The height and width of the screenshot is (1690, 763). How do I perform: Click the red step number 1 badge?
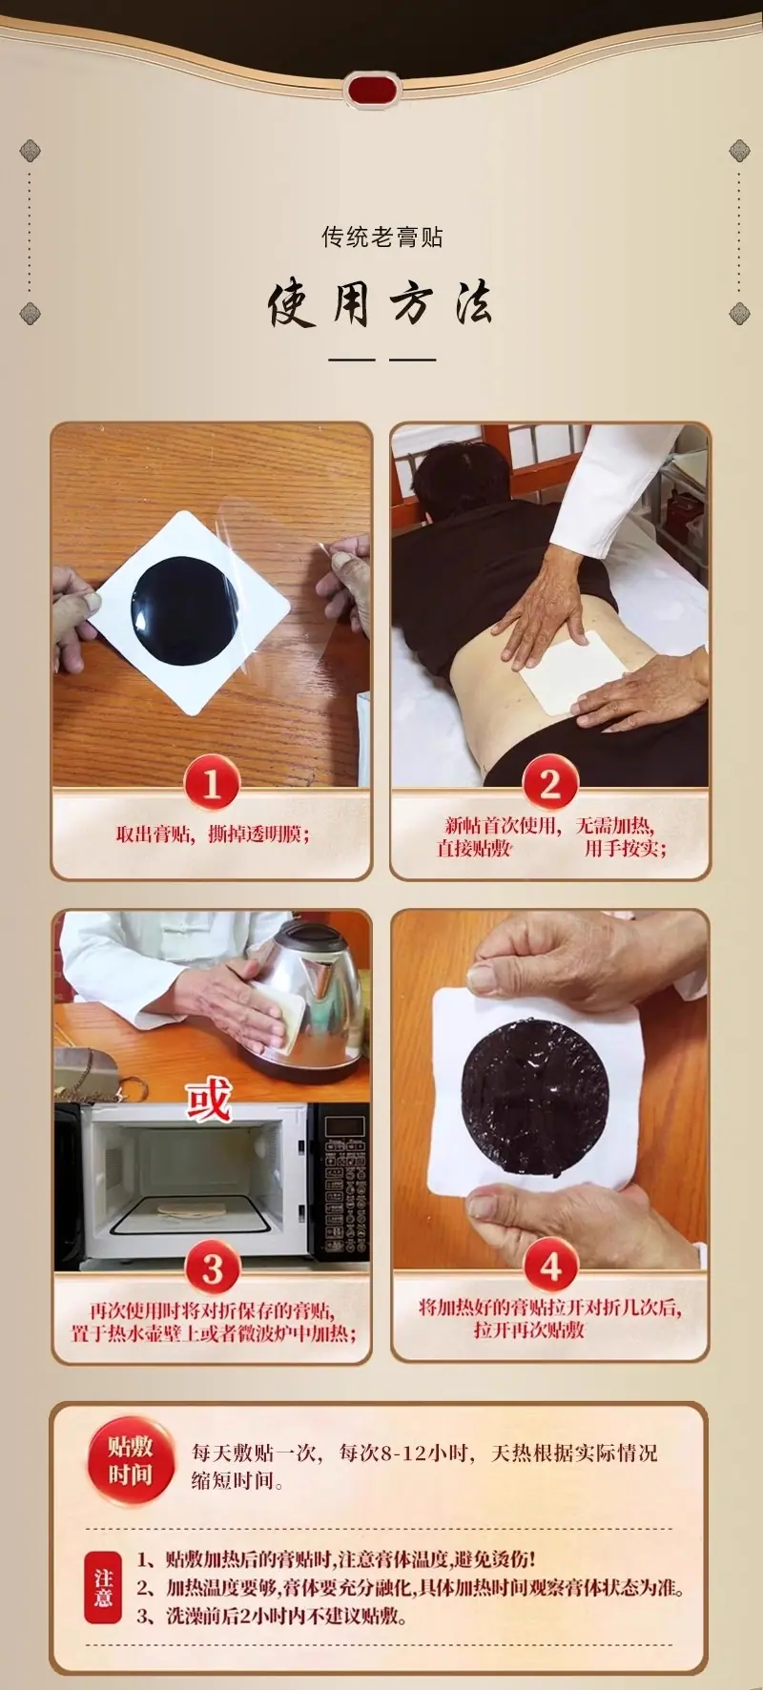pos(212,784)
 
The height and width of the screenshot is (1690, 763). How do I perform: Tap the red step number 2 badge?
pos(550,784)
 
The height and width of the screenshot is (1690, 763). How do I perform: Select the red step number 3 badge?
pos(212,1267)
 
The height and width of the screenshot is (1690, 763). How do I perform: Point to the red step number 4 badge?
pos(550,1267)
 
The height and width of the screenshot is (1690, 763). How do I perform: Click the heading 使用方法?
pos(381,303)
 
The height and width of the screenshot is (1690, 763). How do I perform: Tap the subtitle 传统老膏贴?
pos(381,237)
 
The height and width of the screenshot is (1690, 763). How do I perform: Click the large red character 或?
pos(209,1100)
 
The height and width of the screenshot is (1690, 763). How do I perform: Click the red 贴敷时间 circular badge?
pos(130,1460)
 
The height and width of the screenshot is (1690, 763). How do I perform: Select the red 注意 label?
pos(103,1587)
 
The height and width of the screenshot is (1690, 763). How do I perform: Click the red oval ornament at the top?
pos(372,91)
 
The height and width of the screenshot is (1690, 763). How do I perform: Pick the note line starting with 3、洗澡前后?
pos(272,1616)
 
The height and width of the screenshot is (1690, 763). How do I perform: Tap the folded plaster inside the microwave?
pos(191,1209)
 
